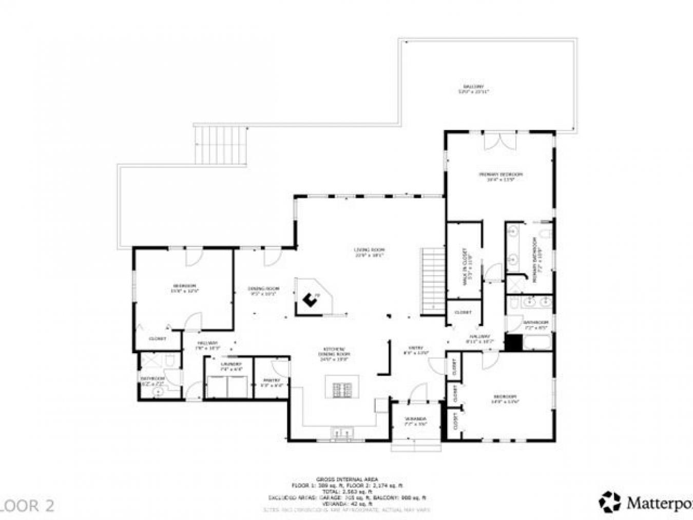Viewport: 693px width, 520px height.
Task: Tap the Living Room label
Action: coord(369,252)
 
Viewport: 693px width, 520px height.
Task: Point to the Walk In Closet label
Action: coord(465,266)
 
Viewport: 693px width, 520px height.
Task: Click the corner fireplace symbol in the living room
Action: coord(311,299)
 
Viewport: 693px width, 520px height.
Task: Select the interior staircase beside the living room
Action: coord(433,281)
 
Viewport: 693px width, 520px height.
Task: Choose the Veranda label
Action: coord(415,421)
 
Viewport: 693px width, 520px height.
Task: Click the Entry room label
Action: coord(415,350)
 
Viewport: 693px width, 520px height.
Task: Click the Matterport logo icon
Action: coord(609,502)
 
